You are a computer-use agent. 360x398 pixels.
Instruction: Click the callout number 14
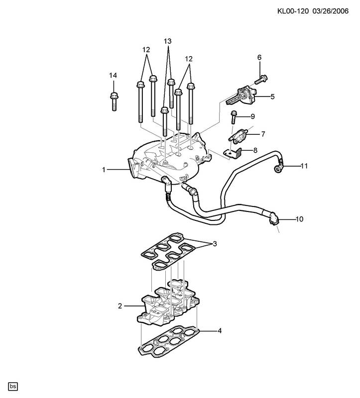point(113,76)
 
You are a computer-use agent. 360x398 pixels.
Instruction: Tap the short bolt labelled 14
point(114,101)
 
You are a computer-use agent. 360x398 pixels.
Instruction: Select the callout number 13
point(168,41)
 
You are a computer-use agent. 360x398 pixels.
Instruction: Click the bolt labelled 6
point(261,79)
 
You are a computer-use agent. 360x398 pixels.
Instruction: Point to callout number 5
point(272,97)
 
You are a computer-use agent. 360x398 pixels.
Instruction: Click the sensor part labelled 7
point(238,135)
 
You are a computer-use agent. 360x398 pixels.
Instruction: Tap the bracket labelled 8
point(233,154)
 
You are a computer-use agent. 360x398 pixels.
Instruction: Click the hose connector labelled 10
point(274,219)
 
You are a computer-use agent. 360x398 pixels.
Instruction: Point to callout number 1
point(104,170)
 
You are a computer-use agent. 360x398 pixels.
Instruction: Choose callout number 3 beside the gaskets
point(215,244)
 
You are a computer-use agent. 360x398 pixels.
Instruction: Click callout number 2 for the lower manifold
point(120,306)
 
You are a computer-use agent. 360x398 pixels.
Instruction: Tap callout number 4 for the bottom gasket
point(220,331)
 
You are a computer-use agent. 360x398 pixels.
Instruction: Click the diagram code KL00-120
point(293,11)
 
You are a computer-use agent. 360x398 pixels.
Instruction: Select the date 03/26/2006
point(331,11)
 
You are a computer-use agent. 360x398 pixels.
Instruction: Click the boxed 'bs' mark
point(13,387)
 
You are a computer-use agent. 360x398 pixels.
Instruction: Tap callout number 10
point(300,219)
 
